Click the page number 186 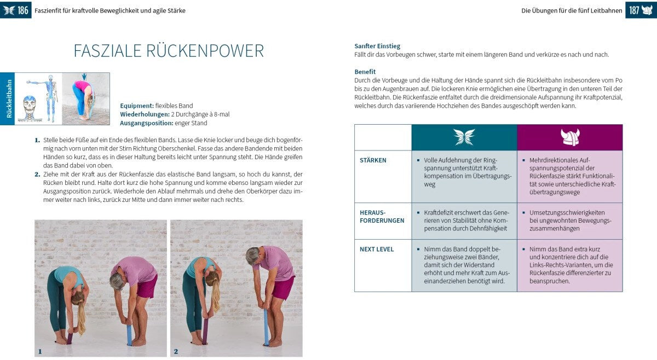[22, 10]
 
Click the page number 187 [634, 10]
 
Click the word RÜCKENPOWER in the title [205, 51]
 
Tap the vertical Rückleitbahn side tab [8, 98]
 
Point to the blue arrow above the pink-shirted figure [84, 76]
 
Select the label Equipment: [137, 106]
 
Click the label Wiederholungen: [145, 114]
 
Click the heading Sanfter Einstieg [377, 46]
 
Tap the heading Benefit [365, 72]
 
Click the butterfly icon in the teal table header [464, 137]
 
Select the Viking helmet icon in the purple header [569, 137]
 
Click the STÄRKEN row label [373, 160]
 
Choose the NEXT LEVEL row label [377, 249]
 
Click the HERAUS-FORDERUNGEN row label [382, 216]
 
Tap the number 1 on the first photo [39, 351]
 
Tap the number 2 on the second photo [175, 351]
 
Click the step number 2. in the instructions [38, 174]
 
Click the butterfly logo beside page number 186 [9, 10]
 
